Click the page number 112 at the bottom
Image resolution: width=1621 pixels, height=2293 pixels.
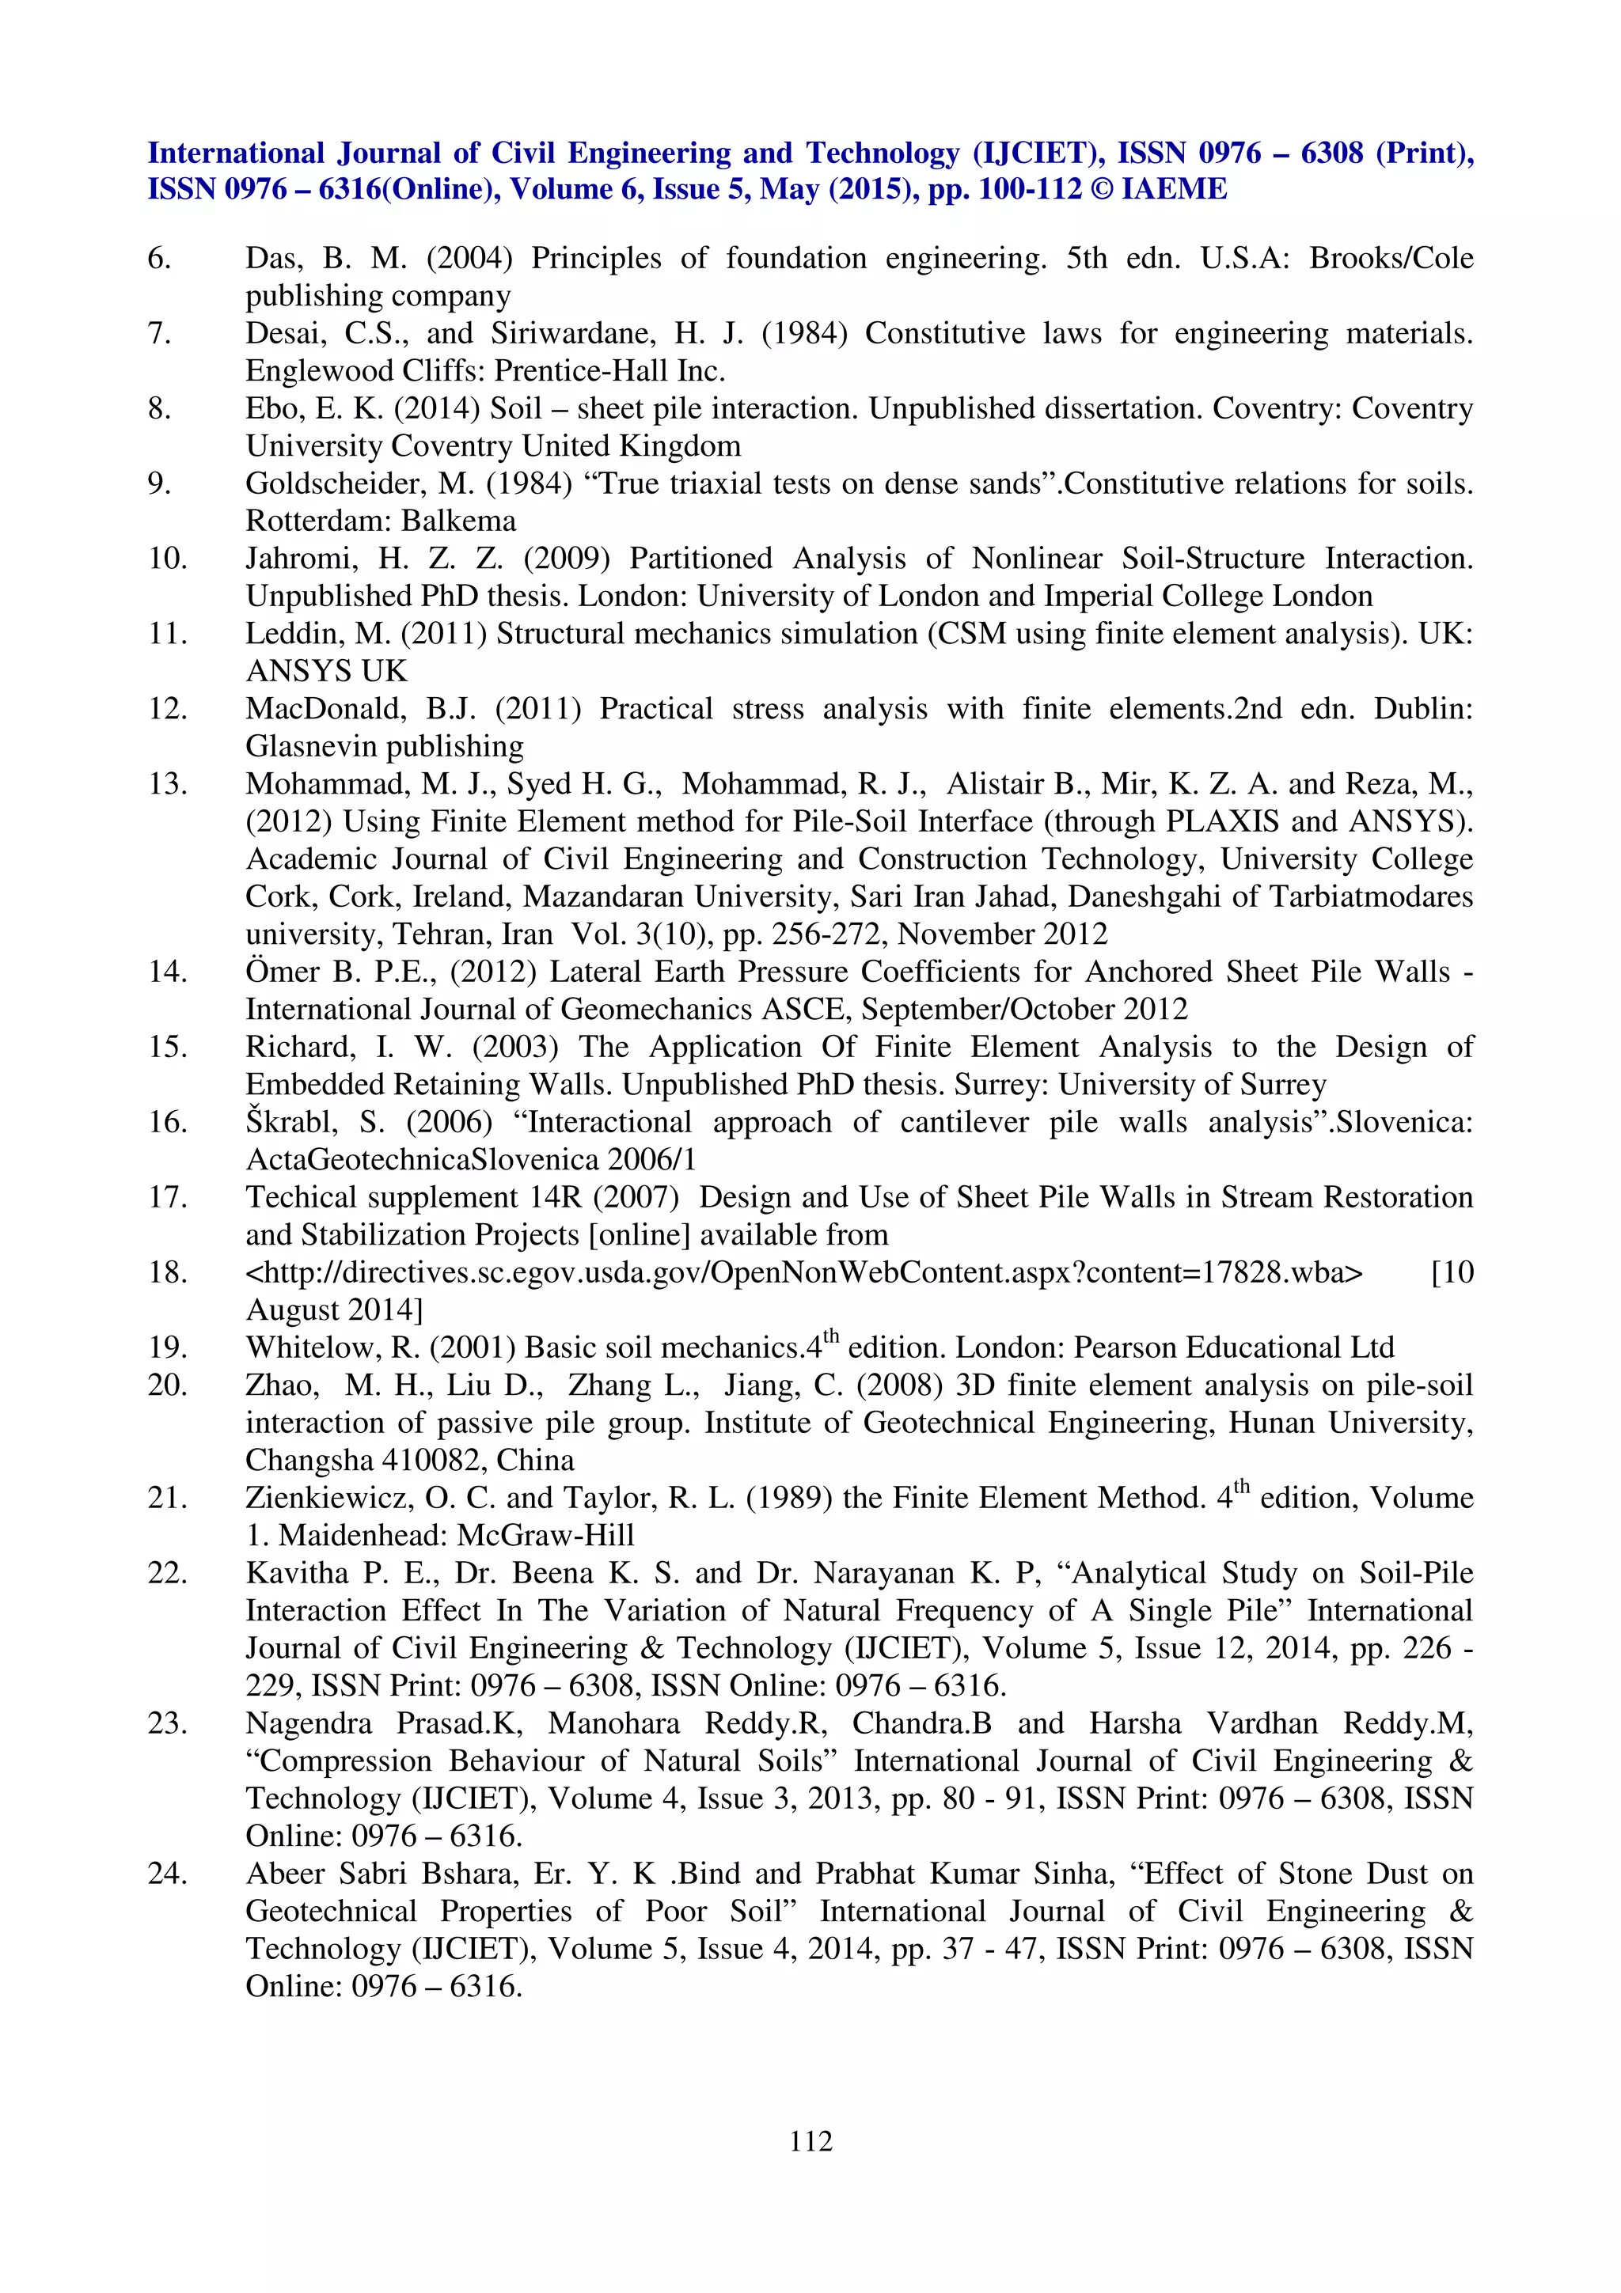point(810,2140)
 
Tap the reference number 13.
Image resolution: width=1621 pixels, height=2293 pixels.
point(167,784)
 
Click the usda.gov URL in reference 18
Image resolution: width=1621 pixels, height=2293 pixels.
point(804,1272)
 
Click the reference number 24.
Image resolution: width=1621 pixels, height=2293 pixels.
point(167,1874)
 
